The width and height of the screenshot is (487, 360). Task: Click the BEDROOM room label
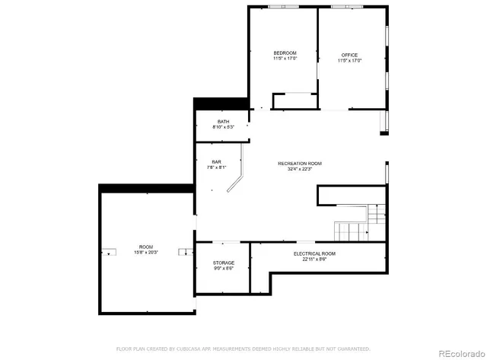[x=285, y=53]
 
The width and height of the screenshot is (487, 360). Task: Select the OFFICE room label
[x=349, y=55]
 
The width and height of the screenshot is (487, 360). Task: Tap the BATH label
[x=223, y=122]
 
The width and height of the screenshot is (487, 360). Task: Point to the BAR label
[x=216, y=162]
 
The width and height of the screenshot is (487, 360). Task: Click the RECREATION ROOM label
[x=300, y=163]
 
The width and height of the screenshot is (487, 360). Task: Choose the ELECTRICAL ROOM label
[x=314, y=253]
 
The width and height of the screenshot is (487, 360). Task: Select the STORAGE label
[x=223, y=263]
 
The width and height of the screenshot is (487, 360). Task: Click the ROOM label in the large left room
[x=146, y=247]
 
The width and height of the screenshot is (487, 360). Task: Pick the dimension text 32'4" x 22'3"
[x=300, y=169]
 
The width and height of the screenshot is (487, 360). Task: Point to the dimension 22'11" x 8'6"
[x=314, y=260]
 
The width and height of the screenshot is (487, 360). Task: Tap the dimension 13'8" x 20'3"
[x=146, y=253]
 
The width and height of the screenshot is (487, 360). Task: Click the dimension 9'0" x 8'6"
[x=223, y=268]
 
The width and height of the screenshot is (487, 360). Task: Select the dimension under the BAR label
[x=216, y=167]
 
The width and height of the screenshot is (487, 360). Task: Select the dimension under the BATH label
[x=223, y=127]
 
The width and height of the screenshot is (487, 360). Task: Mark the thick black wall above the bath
[x=221, y=104]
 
